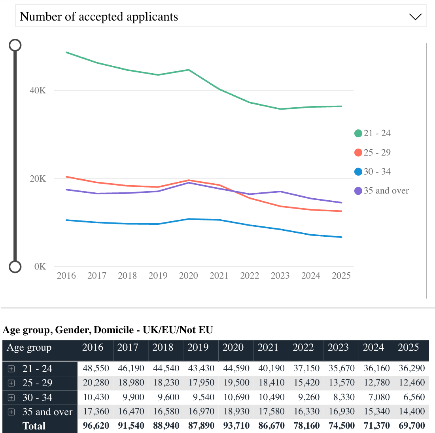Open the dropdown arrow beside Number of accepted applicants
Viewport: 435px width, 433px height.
point(415,17)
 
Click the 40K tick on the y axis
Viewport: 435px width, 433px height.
point(38,91)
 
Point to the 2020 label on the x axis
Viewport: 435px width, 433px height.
point(189,276)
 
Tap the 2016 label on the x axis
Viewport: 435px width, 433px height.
point(66,276)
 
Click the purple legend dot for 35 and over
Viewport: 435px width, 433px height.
point(358,191)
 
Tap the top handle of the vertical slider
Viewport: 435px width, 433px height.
point(15,45)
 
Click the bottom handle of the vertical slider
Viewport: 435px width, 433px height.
point(15,267)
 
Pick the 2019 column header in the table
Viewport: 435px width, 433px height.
point(198,348)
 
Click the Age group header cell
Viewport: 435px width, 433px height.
point(29,348)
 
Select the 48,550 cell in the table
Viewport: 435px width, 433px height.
point(96,368)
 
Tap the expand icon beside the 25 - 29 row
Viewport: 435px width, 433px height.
point(11,383)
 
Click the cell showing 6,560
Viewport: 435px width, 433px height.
point(412,397)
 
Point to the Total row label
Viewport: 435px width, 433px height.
point(34,426)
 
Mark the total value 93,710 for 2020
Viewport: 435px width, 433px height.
point(236,426)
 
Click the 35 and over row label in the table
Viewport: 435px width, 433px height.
point(47,412)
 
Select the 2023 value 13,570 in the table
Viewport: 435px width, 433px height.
point(342,383)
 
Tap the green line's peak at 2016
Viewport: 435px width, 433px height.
point(66,52)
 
